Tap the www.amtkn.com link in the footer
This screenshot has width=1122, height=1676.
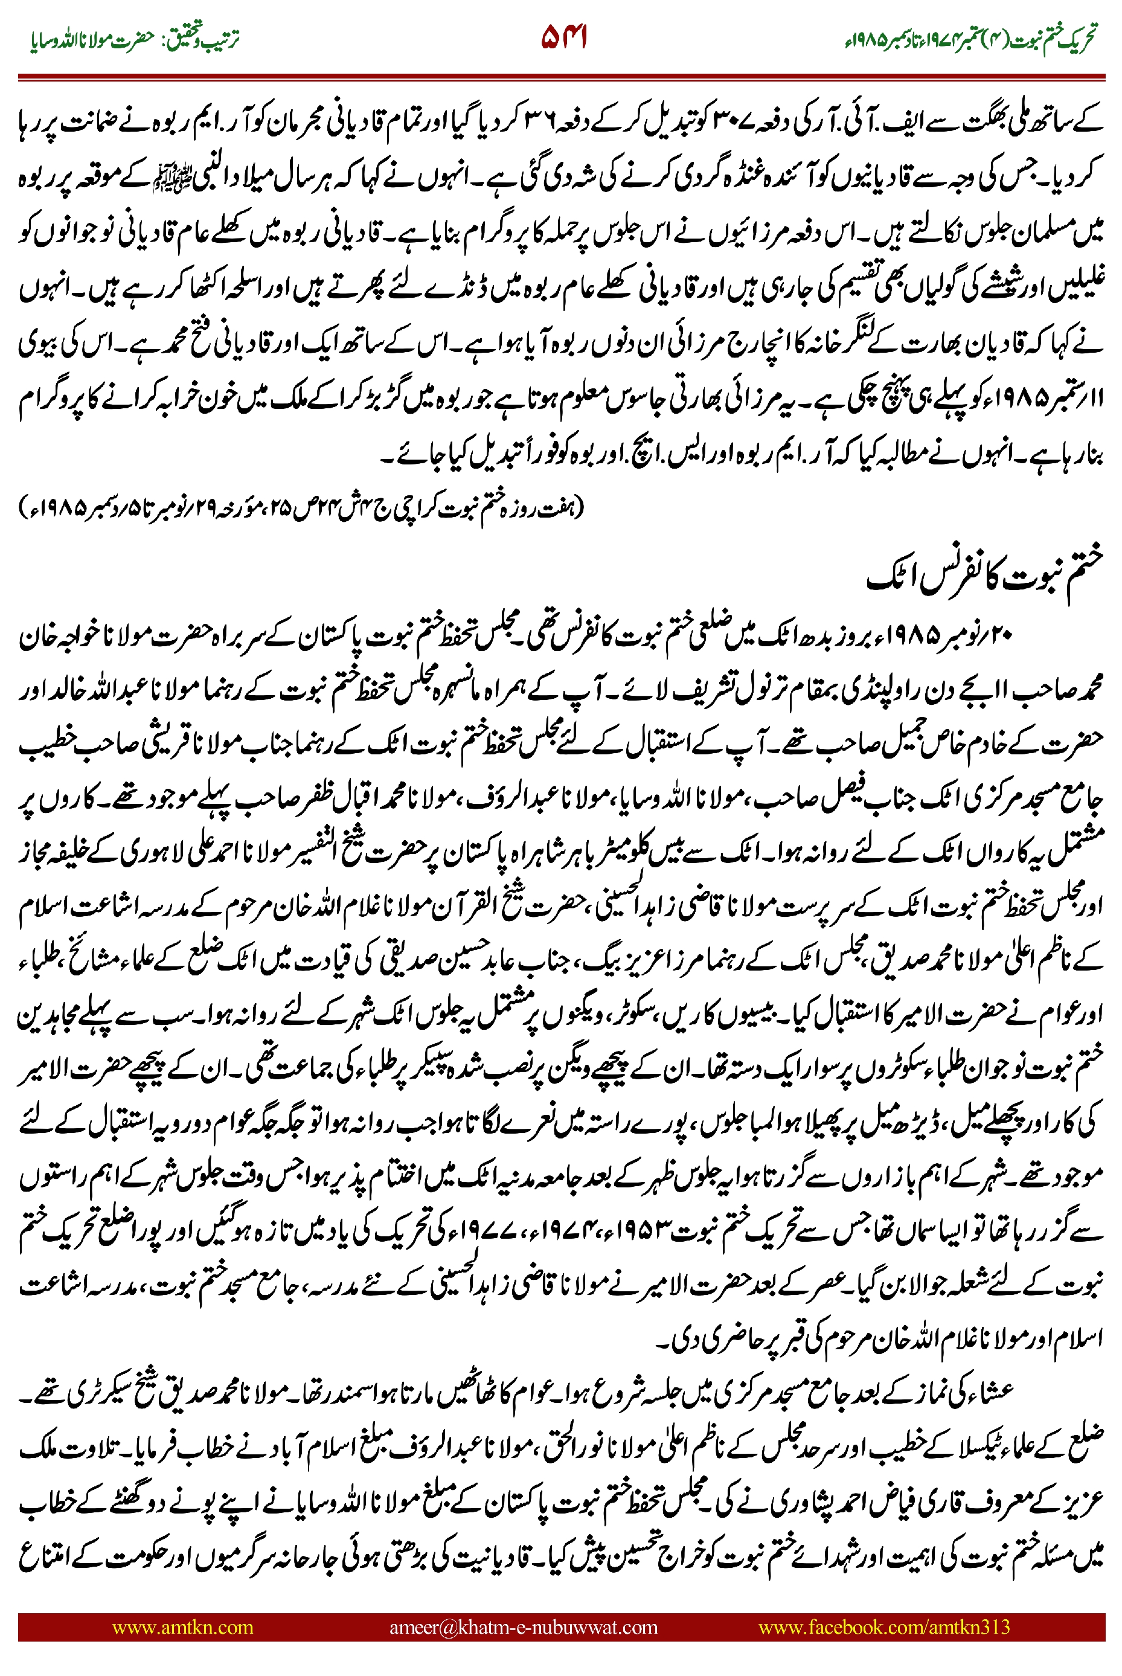pyautogui.click(x=182, y=1626)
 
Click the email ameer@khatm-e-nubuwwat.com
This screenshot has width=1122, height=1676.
pyautogui.click(x=523, y=1626)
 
